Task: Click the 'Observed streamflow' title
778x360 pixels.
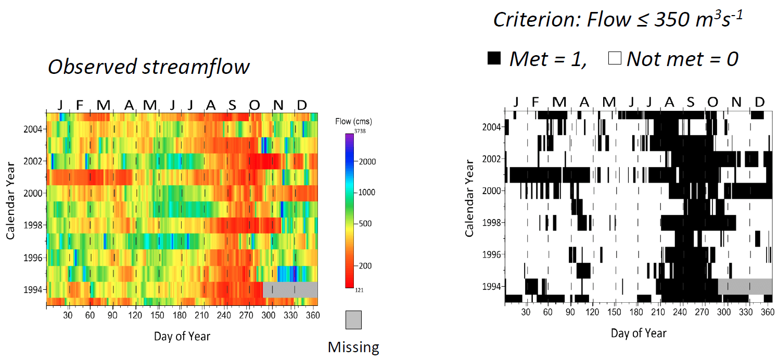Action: point(148,67)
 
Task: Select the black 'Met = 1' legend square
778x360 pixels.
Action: point(494,58)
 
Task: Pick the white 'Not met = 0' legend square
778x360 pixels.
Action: point(615,58)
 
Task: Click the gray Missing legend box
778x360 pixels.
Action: point(353,319)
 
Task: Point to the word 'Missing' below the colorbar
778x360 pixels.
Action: point(353,347)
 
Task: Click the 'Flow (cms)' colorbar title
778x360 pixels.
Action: point(354,122)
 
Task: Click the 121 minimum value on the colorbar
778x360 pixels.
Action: point(360,290)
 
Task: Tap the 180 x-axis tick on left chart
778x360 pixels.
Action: point(180,315)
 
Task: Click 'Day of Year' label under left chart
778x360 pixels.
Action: point(182,336)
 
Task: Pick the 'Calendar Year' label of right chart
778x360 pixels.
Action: point(470,199)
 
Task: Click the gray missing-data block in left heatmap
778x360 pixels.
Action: point(290,289)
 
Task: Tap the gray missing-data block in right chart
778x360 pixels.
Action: point(744,286)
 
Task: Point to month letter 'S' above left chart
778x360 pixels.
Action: point(232,106)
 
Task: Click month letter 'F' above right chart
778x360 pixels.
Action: point(535,101)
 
